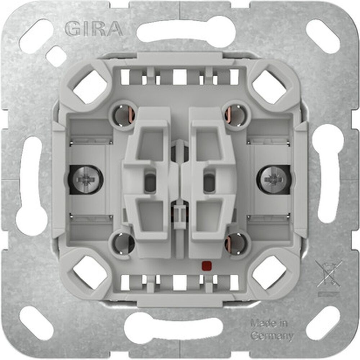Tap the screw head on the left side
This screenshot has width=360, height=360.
click(85, 178)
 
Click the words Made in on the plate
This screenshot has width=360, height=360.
click(269, 323)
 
